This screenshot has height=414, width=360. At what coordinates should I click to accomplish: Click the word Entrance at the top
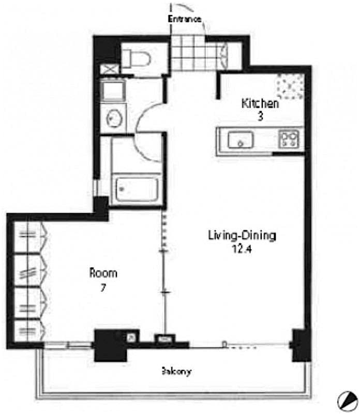click(184, 19)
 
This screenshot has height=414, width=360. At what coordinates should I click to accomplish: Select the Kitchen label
click(260, 103)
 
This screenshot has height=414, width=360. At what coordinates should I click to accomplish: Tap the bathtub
click(136, 190)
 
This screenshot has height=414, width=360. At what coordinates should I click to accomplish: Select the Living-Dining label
click(242, 236)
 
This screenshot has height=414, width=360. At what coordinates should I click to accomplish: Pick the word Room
click(103, 273)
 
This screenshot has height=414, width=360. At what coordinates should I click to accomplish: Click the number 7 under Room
click(103, 288)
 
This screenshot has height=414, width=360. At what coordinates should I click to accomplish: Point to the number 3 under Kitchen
click(260, 116)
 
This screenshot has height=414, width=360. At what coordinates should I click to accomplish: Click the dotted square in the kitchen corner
click(290, 85)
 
